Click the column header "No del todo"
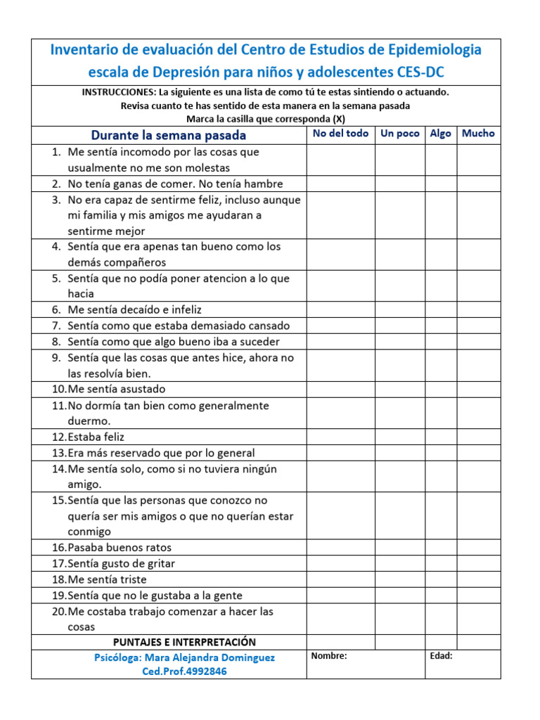click(340, 134)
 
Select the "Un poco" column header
click(399, 134)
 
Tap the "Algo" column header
click(440, 134)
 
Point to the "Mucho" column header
click(478, 134)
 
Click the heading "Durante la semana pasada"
click(168, 135)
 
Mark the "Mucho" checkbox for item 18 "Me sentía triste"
click(478, 579)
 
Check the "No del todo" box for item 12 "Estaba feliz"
click(340, 437)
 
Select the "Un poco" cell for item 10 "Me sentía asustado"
click(399, 389)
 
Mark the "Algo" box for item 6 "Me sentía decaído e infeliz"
click(440, 309)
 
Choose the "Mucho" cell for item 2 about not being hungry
click(478, 184)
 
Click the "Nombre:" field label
click(329, 656)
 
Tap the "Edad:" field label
click(441, 656)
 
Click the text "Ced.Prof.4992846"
click(184, 671)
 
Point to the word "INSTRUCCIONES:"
click(118, 92)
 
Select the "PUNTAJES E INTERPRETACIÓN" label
click(184, 642)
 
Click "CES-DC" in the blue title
click(420, 72)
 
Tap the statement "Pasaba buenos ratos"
click(120, 547)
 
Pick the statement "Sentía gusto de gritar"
click(121, 563)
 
